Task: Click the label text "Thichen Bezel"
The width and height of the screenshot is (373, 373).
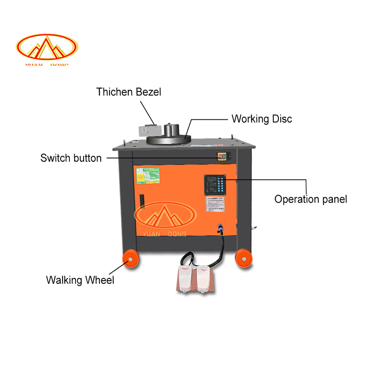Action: point(129,92)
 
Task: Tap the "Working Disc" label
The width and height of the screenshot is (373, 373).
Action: point(262,119)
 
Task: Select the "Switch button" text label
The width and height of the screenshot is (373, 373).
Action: point(71,158)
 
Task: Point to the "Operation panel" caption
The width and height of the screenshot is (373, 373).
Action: point(311,199)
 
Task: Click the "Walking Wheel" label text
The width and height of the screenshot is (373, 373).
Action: point(80,280)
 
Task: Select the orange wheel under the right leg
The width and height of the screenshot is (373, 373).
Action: point(244,257)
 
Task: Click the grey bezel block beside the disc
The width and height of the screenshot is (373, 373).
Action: point(148,129)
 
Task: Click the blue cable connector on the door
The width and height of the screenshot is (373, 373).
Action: point(218,229)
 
